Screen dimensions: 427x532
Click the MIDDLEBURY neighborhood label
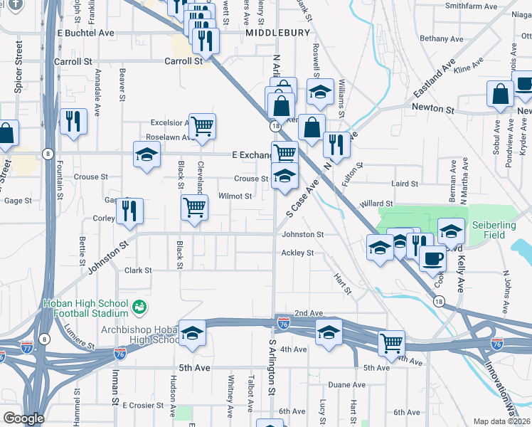[x=277, y=33]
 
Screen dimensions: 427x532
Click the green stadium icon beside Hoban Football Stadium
[x=139, y=307]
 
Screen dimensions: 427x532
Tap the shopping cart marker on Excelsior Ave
[x=203, y=126]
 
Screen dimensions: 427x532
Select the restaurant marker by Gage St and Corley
[x=130, y=211]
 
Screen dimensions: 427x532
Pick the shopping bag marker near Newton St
[x=501, y=93]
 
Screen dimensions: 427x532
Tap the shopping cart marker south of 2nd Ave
[x=391, y=343]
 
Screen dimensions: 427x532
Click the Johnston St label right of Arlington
[x=302, y=234]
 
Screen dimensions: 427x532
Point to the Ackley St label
[x=297, y=253]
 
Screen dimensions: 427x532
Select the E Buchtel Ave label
[x=86, y=33]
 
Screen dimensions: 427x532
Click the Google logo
[x=23, y=418]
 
